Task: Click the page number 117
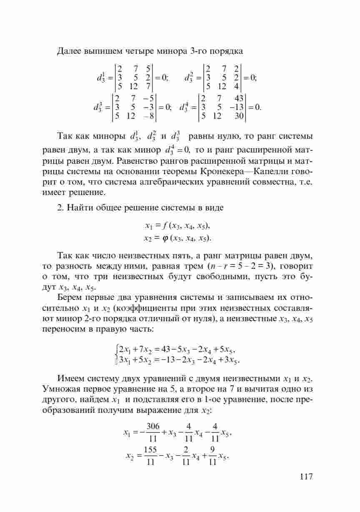(305, 477)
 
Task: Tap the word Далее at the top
(69, 52)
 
